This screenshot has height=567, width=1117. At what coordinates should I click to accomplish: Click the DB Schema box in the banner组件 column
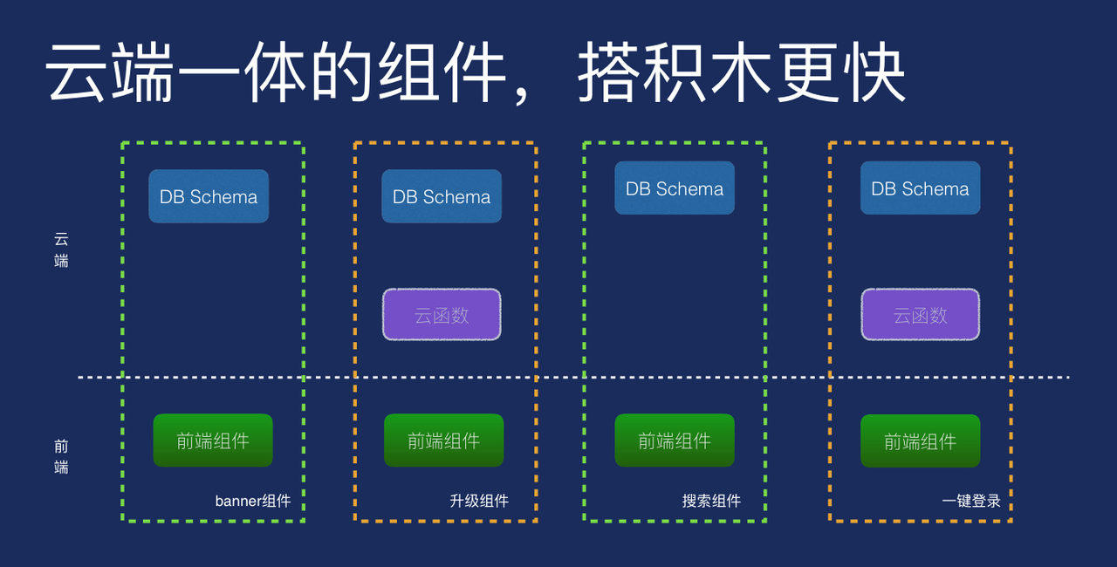209,196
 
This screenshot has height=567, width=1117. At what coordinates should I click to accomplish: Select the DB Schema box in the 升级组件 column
442,196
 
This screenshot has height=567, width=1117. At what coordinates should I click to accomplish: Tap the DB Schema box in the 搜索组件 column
675,188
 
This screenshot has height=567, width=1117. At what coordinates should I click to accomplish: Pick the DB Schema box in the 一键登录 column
920,188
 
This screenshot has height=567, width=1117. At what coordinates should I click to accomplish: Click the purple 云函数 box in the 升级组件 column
442,315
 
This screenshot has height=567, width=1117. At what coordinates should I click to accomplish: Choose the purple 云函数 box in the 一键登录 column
920,315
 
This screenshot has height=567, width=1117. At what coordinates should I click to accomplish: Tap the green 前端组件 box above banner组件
213,441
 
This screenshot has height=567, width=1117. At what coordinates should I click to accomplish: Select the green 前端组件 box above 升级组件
444,441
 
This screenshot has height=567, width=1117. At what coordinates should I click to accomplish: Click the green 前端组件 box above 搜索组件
675,441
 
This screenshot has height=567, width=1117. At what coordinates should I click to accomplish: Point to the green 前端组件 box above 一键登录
920,441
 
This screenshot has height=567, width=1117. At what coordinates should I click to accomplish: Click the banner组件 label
253,501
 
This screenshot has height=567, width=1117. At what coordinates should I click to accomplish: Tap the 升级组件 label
479,501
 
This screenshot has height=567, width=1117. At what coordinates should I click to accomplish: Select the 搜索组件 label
711,501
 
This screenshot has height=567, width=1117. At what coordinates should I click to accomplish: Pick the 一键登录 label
971,501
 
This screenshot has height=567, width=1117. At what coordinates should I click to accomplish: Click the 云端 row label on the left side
61,249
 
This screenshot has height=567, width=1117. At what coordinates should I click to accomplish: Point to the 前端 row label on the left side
61,456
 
